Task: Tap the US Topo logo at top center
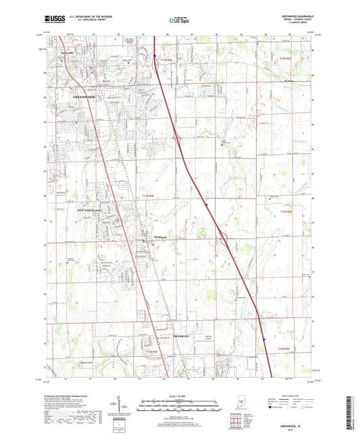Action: point(179,21)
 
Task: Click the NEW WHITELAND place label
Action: point(88,211)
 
